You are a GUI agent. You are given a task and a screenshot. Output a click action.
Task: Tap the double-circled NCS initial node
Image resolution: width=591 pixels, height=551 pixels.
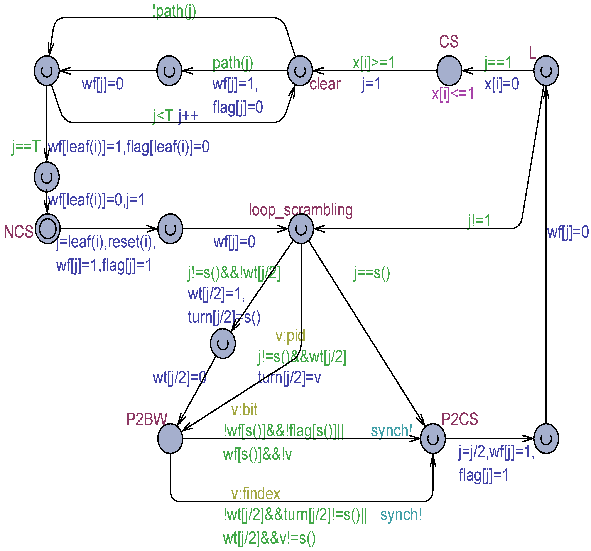click(47, 228)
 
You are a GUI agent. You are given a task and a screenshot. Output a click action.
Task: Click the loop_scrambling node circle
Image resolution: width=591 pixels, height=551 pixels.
click(301, 228)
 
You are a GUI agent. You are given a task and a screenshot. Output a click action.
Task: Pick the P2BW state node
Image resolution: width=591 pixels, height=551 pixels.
click(170, 438)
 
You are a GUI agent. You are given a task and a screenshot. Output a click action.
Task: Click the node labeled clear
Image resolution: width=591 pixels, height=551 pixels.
click(300, 71)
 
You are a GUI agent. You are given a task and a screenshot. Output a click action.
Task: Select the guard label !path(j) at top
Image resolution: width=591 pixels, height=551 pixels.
click(174, 11)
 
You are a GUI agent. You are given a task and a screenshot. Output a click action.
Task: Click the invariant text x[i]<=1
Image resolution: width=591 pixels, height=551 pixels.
click(453, 94)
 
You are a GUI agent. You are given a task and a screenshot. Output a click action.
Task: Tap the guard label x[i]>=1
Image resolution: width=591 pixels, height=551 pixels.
click(373, 63)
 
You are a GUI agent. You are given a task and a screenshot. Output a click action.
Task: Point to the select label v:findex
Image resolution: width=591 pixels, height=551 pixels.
click(255, 493)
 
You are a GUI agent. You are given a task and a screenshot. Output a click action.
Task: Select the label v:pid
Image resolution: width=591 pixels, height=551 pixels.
click(290, 336)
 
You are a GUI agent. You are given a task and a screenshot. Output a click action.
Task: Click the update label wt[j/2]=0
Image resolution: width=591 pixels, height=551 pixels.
click(179, 378)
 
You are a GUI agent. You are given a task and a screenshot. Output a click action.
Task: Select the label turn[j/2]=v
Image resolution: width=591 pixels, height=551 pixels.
click(289, 378)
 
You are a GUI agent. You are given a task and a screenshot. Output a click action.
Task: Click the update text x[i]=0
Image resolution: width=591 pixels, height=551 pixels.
click(502, 84)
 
